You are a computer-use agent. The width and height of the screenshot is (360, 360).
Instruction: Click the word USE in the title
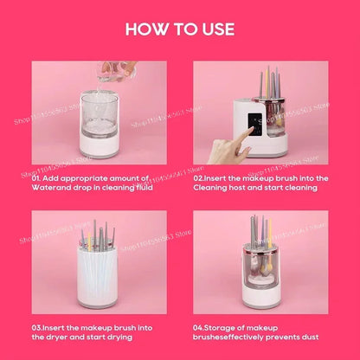pyautogui.click(x=215, y=29)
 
